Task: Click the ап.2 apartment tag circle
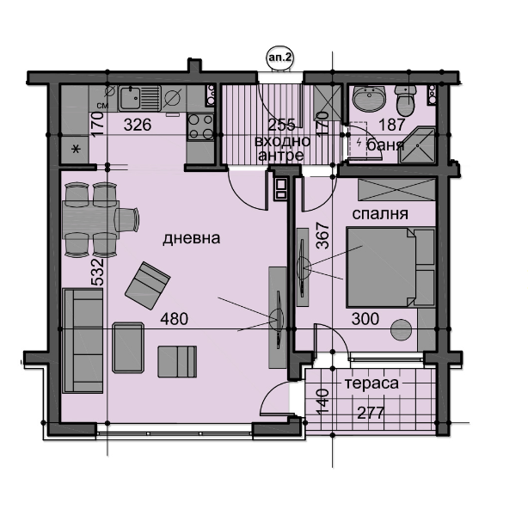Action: coord(279,58)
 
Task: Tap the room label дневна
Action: coord(191,238)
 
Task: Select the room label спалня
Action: coord(380,214)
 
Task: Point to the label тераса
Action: coord(371,383)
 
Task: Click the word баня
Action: coord(385,145)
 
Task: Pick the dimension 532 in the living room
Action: coord(98,272)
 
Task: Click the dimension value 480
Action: coord(174,319)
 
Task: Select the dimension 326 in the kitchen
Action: coord(138,126)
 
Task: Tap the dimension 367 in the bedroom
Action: coord(322,236)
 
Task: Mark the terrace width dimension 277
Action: coord(371,413)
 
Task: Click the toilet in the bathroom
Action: coord(407,100)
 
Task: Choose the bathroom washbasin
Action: coord(370,97)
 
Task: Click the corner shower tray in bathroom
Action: coord(417,145)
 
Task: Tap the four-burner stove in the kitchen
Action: coord(200,126)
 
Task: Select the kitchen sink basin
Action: coord(131,98)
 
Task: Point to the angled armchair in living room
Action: coord(148,285)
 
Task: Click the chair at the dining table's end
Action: coord(126,220)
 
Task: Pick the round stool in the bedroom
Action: coord(401,329)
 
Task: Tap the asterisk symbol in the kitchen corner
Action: coord(77,149)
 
